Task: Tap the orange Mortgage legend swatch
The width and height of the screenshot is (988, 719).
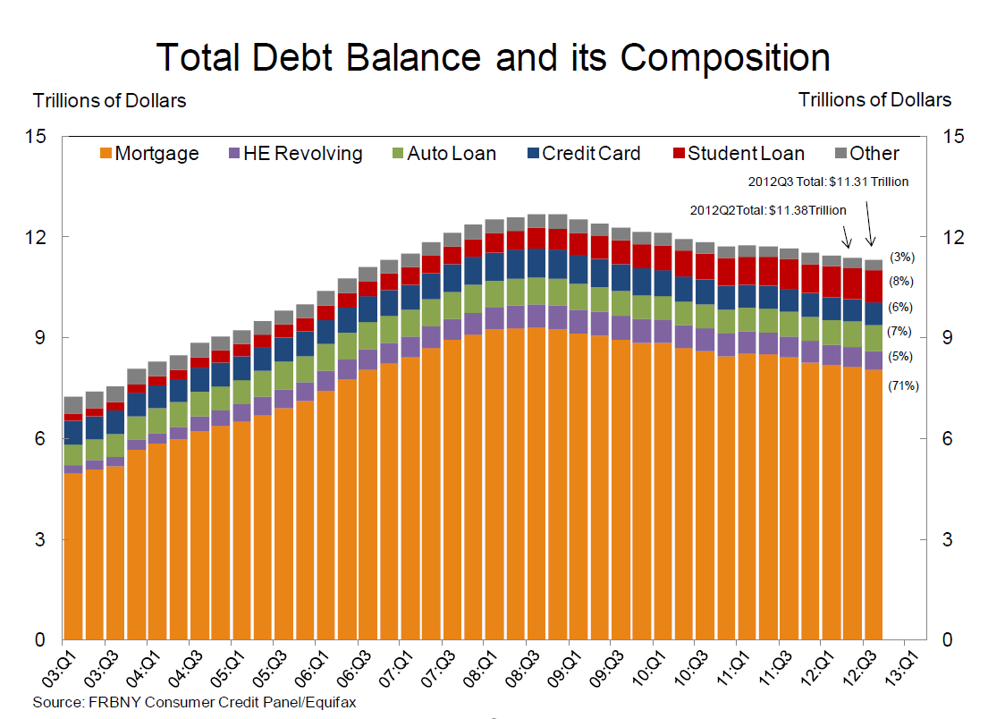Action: click(105, 154)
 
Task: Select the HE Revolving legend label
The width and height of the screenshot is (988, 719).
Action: click(302, 154)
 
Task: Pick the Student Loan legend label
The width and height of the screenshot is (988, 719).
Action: click(746, 154)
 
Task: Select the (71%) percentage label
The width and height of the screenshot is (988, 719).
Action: click(903, 386)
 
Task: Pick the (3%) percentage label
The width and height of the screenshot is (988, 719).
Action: click(900, 258)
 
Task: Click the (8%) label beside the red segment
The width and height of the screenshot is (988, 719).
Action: click(900, 281)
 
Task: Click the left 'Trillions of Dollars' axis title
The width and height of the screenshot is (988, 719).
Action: click(110, 100)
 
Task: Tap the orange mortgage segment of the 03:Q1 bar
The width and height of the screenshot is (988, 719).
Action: click(73, 554)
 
